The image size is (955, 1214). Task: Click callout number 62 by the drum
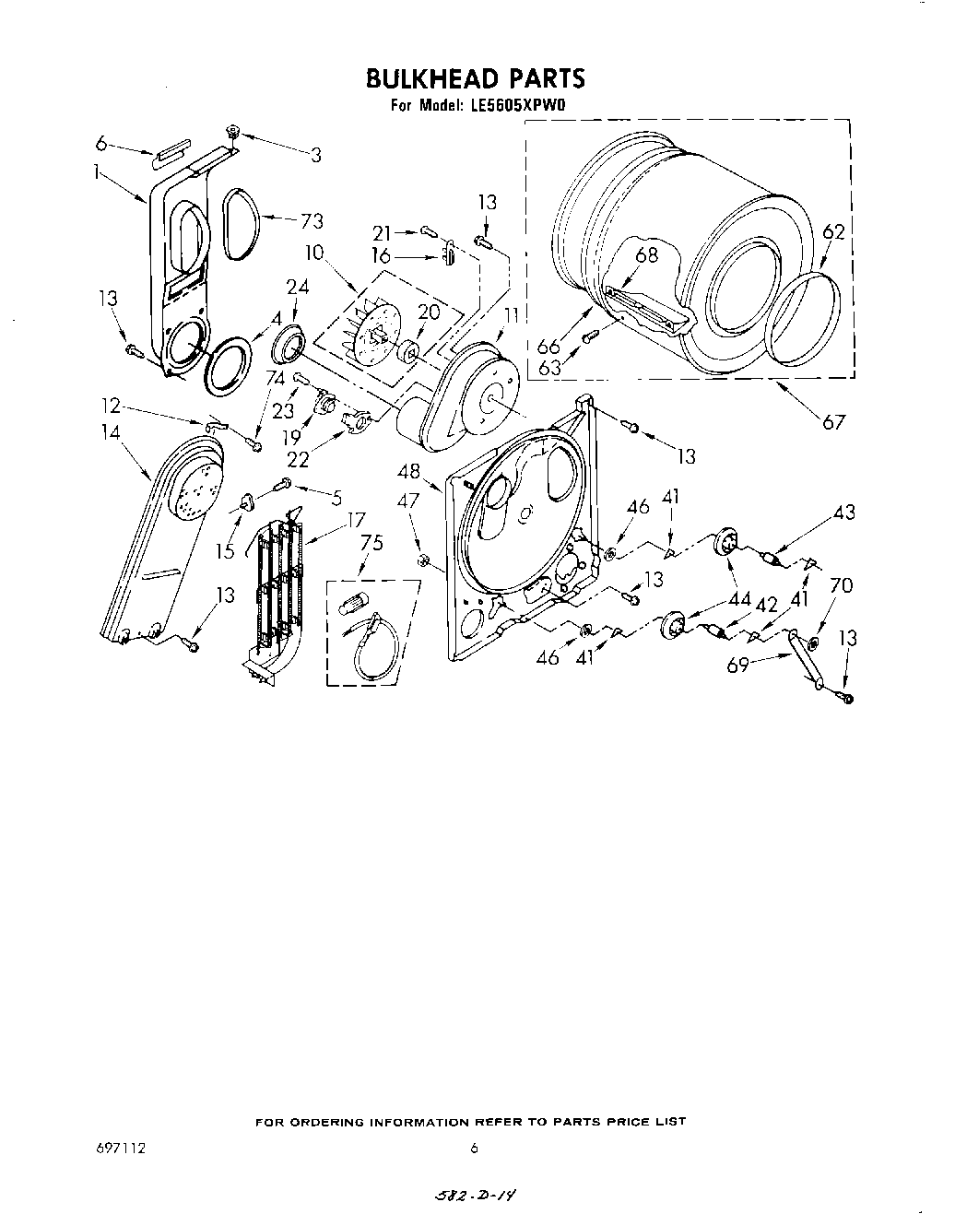click(x=832, y=232)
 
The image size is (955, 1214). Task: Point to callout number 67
click(x=834, y=421)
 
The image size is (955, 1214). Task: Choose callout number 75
click(x=371, y=543)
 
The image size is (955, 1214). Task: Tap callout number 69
click(x=737, y=664)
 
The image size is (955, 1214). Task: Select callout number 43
click(x=843, y=513)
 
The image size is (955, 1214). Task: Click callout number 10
click(x=316, y=252)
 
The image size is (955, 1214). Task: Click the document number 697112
click(x=120, y=1149)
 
